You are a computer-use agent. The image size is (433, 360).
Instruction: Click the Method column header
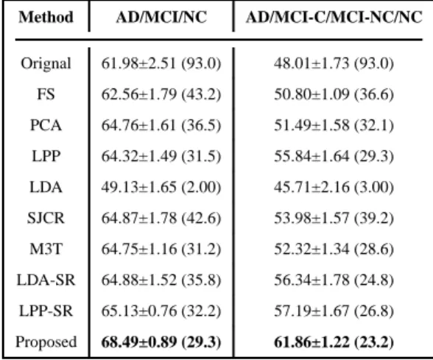click(x=46, y=17)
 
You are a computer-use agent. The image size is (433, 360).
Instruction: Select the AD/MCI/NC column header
click(x=161, y=17)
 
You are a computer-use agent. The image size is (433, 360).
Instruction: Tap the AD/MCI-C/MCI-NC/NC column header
click(x=334, y=17)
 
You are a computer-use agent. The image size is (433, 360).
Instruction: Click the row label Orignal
click(x=46, y=63)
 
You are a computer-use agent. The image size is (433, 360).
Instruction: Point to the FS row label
click(x=46, y=94)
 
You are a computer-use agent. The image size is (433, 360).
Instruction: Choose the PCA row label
click(x=46, y=125)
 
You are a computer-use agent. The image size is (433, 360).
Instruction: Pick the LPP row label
click(x=46, y=156)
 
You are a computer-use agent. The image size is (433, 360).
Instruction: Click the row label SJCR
click(x=46, y=218)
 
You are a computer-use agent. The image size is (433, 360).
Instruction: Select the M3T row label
click(x=46, y=249)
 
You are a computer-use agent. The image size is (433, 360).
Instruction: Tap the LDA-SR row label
click(x=46, y=280)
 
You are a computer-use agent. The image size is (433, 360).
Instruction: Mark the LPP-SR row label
click(x=46, y=311)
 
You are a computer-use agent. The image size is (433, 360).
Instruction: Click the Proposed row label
click(x=46, y=342)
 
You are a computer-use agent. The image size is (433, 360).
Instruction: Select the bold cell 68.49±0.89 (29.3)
click(x=161, y=342)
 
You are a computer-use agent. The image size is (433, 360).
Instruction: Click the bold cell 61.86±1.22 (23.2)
click(x=334, y=342)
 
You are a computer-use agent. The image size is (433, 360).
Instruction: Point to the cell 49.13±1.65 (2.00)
click(x=161, y=187)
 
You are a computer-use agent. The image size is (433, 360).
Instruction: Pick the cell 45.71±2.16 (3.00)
click(x=334, y=187)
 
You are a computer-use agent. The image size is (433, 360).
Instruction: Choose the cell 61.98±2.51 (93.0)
click(x=161, y=63)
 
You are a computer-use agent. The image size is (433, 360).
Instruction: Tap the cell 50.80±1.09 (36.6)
click(x=334, y=94)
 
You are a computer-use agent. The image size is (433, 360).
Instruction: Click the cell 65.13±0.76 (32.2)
click(x=161, y=311)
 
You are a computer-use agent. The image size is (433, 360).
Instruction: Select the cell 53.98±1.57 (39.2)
click(x=334, y=218)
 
